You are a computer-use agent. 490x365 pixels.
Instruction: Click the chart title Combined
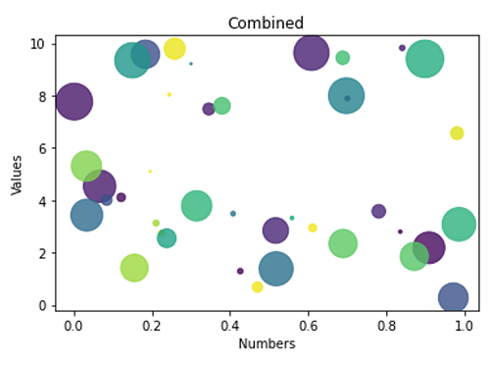(266, 23)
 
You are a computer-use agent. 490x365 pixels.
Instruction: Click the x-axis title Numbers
(266, 344)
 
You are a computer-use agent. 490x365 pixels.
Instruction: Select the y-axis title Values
(17, 173)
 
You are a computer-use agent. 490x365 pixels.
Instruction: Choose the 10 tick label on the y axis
(37, 44)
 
